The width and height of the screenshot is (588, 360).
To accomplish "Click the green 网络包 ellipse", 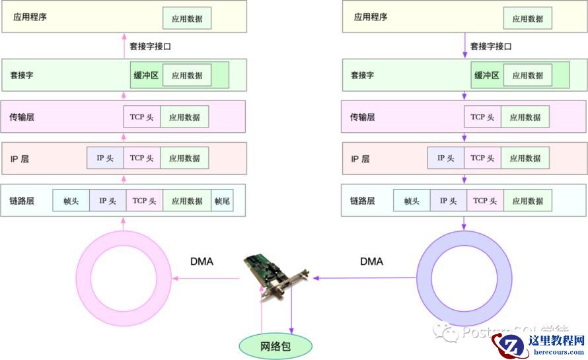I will pos(275,345).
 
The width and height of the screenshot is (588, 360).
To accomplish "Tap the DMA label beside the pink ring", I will pos(202,262).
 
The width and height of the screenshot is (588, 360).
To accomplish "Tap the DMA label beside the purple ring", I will pos(371,262).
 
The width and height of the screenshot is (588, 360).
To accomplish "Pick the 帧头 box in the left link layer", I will pos(71,201).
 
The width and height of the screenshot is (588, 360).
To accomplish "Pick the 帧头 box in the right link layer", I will pos(412,201).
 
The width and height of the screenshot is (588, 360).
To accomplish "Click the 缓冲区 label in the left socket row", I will pos(146,75).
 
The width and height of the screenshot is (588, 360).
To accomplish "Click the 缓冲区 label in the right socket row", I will pos(487,75).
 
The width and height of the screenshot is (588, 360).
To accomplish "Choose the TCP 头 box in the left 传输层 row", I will pos(141,117).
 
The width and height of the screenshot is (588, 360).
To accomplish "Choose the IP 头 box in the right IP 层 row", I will pos(446,159).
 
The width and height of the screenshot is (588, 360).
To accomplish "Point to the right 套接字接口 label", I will pos(491,47).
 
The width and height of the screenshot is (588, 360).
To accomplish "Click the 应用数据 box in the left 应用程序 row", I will pos(187,18).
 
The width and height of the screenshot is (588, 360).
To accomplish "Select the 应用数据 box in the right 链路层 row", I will pos(527,201).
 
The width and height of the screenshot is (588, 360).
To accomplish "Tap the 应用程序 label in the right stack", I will pos(371,17).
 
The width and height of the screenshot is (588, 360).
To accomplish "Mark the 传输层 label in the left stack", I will pos(22,117).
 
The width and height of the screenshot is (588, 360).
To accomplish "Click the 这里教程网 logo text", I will pos(557,341).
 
